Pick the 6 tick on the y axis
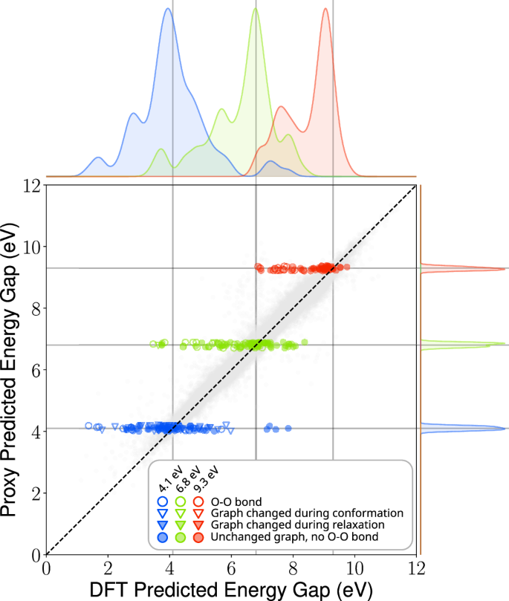pyautogui.click(x=34, y=370)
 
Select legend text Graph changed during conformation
pyautogui.click(x=307, y=513)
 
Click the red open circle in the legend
pyautogui.click(x=198, y=501)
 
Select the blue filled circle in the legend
pyautogui.click(x=164, y=536)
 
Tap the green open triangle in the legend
pyautogui.click(x=181, y=513)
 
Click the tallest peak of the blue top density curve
pyautogui.click(x=168, y=20)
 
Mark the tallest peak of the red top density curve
pyautogui.click(x=326, y=9)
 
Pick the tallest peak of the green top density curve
pyautogui.click(x=255, y=9)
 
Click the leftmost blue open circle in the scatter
pyautogui.click(x=89, y=426)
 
